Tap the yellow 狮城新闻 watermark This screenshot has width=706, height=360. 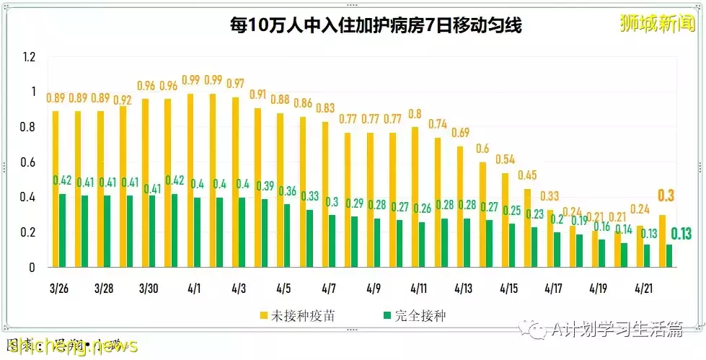(657, 23)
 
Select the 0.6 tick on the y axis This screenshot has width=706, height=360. (28, 162)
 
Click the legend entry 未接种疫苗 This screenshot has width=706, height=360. (296, 315)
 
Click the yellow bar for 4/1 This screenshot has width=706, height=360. (190, 180)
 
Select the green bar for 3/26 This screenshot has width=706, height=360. (63, 230)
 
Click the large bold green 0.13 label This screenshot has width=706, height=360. (681, 233)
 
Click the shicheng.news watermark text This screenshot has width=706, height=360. (69, 346)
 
